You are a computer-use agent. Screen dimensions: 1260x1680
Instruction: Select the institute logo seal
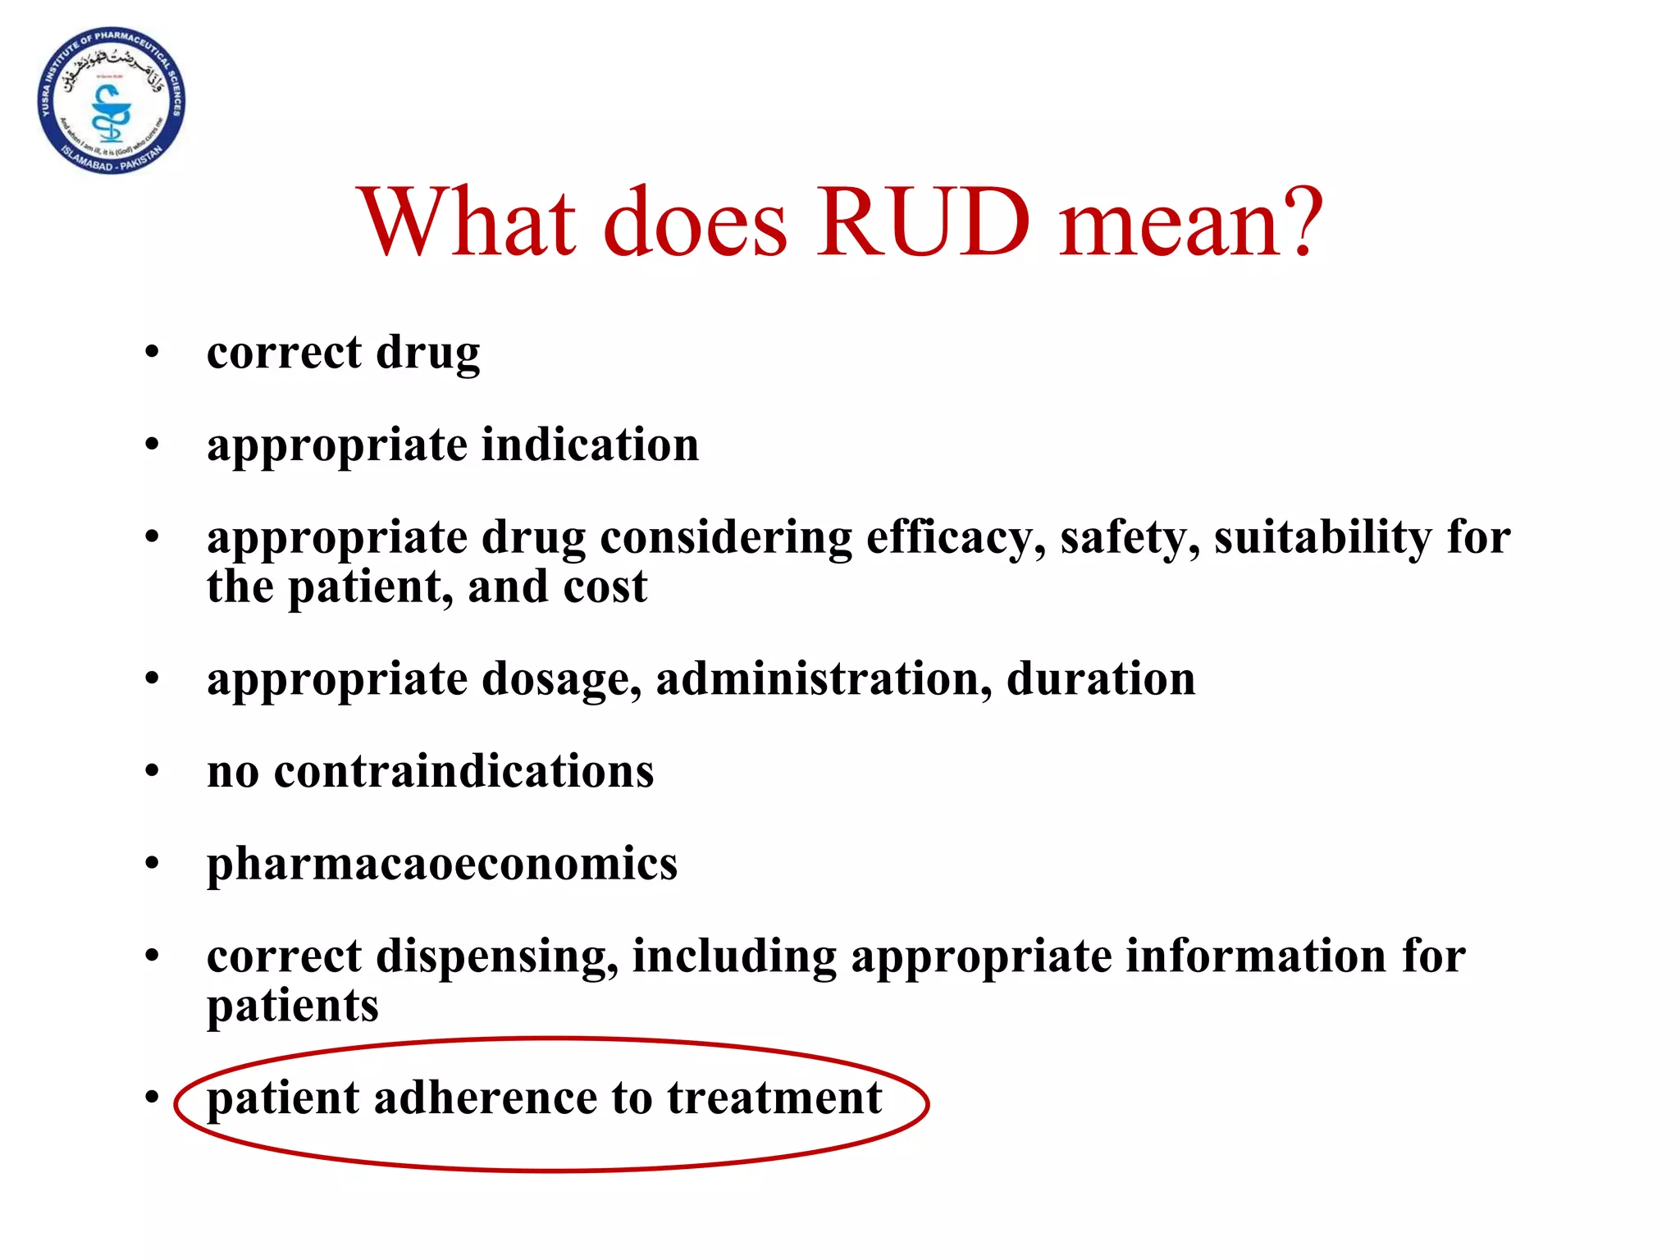tap(112, 101)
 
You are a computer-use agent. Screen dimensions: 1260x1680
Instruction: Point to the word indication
tap(590, 445)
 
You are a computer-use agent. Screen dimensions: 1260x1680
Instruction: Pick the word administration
tap(824, 679)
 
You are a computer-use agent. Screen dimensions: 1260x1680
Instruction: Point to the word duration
tap(1101, 679)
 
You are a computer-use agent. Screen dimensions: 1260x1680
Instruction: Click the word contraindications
tap(463, 772)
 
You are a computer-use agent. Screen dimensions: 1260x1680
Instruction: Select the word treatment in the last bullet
tap(774, 1098)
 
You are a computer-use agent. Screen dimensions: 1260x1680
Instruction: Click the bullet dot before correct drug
tap(152, 353)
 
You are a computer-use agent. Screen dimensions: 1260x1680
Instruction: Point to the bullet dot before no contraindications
tap(152, 772)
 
